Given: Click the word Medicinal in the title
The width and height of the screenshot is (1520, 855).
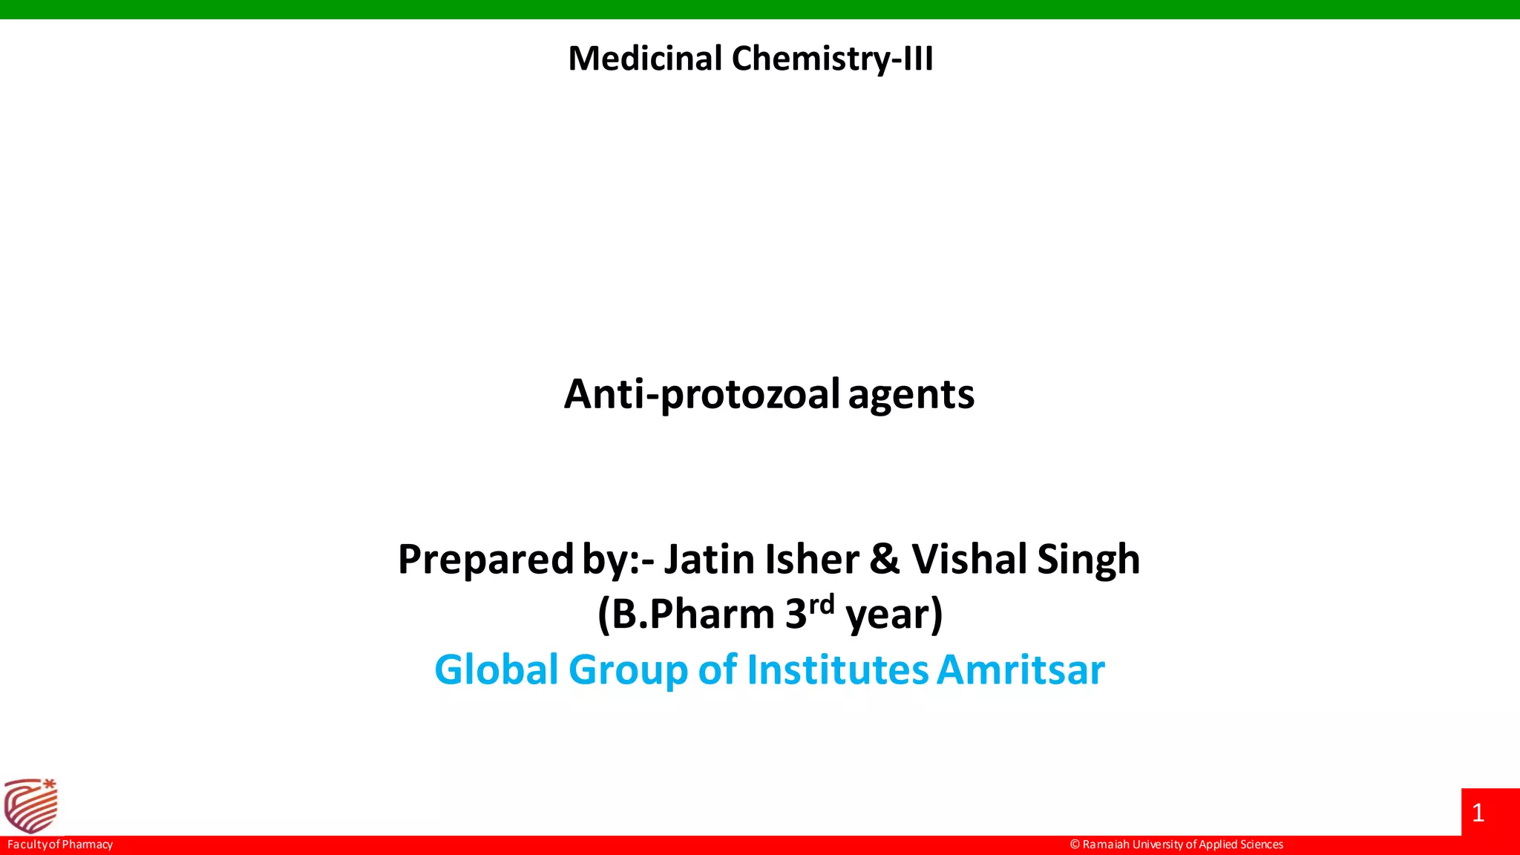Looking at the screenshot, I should (644, 59).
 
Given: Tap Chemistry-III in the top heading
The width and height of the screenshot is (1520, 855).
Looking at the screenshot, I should (832, 59).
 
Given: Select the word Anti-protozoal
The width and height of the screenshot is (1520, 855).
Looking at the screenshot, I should (701, 394).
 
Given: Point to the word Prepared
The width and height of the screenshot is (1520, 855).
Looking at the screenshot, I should (485, 560).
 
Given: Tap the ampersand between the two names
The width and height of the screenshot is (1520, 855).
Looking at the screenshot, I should (884, 560).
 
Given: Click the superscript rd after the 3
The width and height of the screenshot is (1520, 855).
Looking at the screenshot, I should (822, 605).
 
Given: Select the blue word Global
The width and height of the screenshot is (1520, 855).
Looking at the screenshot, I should (496, 669).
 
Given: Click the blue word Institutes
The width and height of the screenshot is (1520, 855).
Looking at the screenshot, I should (837, 669).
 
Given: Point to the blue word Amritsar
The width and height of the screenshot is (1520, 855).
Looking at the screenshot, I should (1021, 669).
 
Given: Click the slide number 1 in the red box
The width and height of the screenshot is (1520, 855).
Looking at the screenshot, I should (1478, 813).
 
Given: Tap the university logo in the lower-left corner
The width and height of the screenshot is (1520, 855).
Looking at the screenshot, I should (31, 806).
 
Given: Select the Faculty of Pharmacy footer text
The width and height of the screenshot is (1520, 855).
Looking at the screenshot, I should (60, 845).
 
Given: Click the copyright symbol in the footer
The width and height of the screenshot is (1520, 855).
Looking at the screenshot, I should (1075, 845).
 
